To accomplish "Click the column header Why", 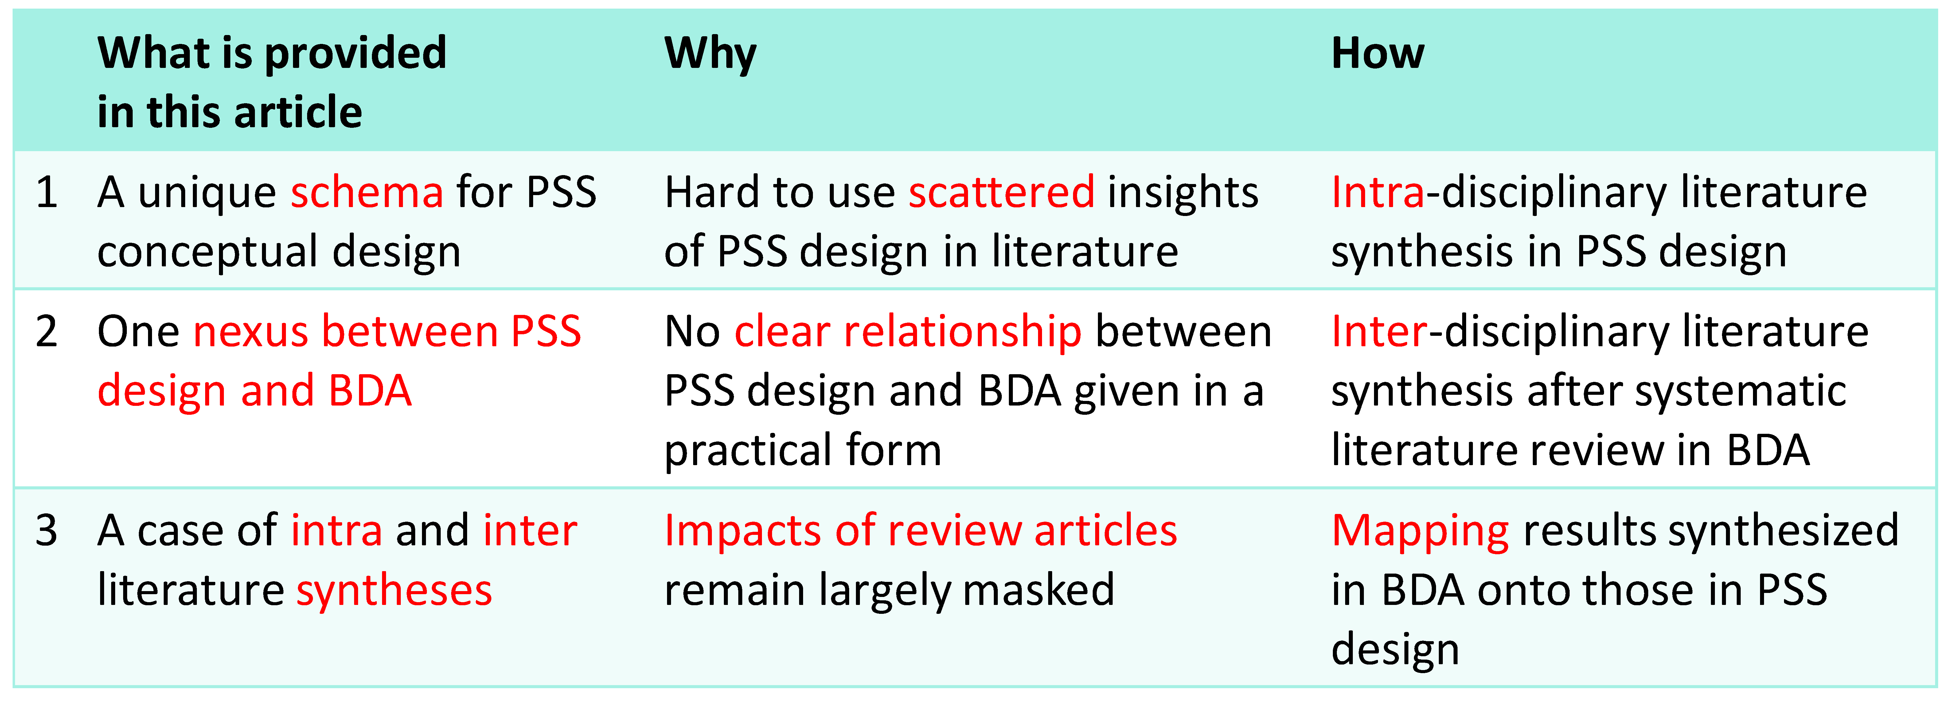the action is [710, 54].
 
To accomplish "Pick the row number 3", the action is [47, 531].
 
